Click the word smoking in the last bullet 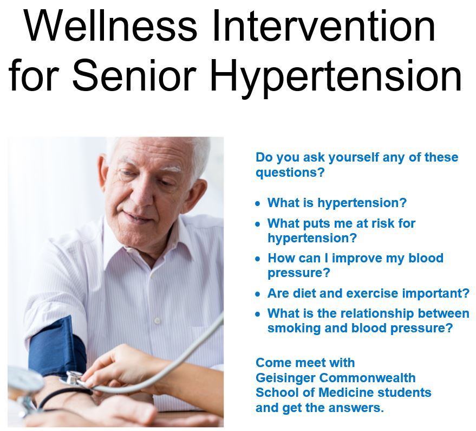coord(291,328)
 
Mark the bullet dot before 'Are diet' coord(258,294)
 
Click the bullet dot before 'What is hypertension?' coord(258,203)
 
